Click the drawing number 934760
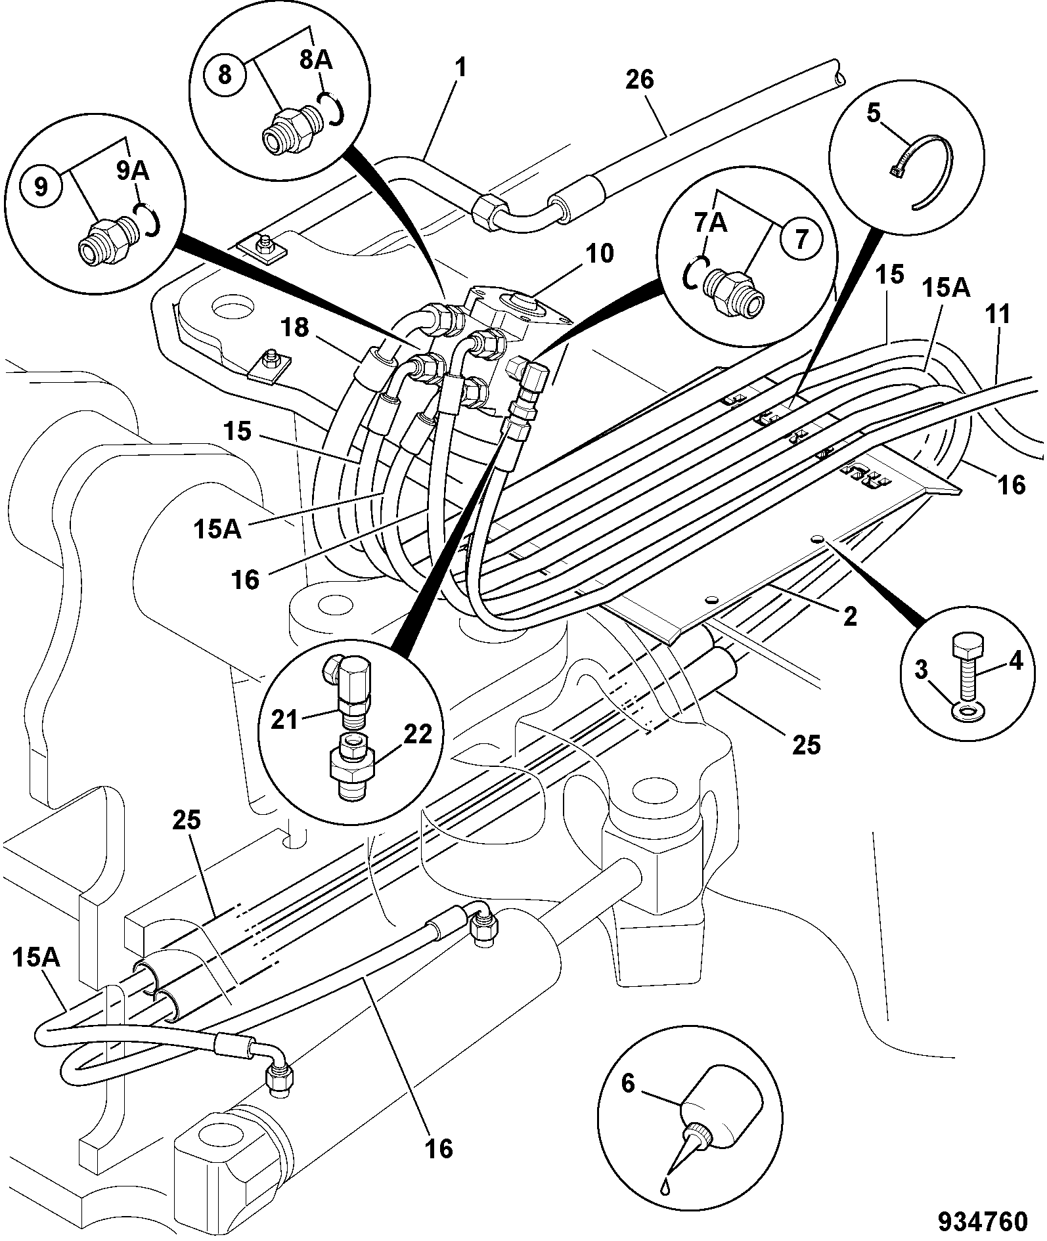pyautogui.click(x=982, y=1221)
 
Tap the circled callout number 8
pyautogui.click(x=225, y=74)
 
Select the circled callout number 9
pyautogui.click(x=41, y=186)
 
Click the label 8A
pyautogui.click(x=316, y=60)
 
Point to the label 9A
pyautogui.click(x=133, y=171)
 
